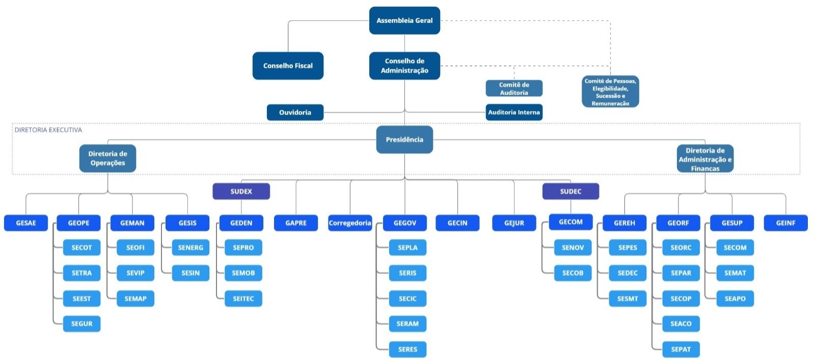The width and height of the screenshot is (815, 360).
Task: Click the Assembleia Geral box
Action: click(404, 20)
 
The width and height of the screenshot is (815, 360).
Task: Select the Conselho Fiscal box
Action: click(288, 66)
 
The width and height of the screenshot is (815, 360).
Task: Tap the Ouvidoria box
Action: click(295, 113)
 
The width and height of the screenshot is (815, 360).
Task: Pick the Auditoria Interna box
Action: click(514, 113)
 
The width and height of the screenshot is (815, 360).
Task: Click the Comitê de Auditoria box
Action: click(514, 89)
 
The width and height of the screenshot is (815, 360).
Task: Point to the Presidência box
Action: click(404, 140)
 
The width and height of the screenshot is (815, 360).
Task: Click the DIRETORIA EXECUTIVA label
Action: click(48, 130)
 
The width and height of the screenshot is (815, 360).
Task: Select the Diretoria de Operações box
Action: click(107, 158)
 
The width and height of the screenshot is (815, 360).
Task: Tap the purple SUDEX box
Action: click(241, 191)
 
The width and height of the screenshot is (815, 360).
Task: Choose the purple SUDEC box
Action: click(570, 191)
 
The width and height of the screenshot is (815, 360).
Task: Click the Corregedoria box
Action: click(350, 223)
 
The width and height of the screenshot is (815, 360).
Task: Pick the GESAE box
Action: click(26, 223)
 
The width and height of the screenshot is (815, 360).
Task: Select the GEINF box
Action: click(785, 223)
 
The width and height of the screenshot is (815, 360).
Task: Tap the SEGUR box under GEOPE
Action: click(81, 324)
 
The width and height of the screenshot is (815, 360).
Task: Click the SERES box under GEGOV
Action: click(407, 349)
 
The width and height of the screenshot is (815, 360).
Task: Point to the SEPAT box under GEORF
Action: click(681, 349)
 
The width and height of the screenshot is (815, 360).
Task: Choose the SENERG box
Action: click(191, 247)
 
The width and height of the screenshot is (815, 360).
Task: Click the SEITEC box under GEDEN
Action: click(243, 298)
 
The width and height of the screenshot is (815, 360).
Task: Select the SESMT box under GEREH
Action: click(628, 298)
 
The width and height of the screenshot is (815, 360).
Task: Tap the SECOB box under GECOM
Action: click(573, 273)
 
